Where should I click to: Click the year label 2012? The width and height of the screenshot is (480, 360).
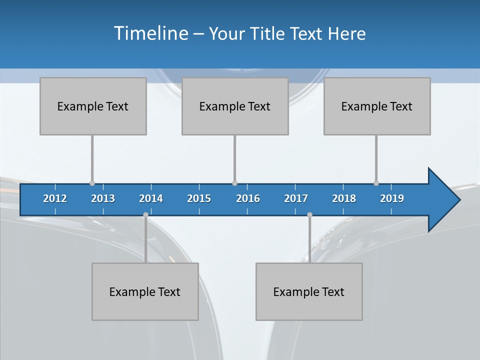55,199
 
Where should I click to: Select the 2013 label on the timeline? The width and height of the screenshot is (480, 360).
103,199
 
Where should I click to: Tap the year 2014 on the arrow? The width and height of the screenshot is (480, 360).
151,199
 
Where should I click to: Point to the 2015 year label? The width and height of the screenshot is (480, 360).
199,199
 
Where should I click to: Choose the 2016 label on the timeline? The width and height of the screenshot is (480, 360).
248,199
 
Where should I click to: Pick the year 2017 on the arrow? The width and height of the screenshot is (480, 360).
296,199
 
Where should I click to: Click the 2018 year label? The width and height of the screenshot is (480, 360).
344,199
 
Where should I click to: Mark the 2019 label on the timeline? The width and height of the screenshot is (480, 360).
392,199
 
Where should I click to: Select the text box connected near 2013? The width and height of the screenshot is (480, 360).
93,106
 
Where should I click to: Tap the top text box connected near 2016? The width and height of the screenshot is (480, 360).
235,106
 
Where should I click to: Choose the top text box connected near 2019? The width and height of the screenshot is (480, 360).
377,106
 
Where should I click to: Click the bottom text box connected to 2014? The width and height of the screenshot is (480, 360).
145,291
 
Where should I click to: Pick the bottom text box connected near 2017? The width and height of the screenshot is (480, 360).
309,291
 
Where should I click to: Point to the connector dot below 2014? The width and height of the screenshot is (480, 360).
145,214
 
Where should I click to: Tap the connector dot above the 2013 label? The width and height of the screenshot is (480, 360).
92,183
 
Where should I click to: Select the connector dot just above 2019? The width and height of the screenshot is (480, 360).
376,183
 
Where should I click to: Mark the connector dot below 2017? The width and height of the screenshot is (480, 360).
309,214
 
